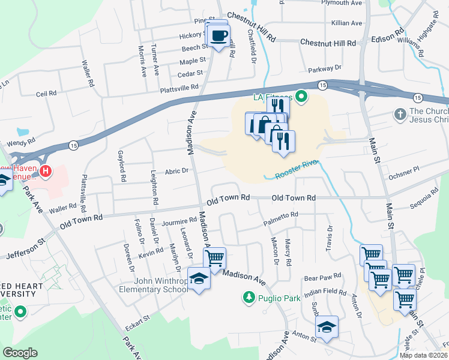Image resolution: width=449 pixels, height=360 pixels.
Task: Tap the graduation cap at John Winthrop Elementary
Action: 199,279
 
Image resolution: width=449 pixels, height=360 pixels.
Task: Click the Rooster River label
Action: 295,170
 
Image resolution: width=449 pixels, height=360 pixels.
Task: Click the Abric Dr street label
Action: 178,170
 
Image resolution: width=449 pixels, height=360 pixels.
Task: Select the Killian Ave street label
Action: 347,23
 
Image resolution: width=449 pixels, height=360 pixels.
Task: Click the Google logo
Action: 20,353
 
